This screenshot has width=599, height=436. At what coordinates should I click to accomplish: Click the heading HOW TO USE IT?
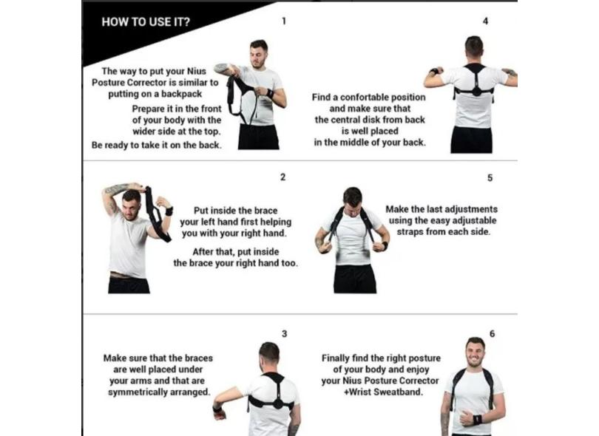click(146, 21)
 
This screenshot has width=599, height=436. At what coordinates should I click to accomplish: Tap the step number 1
click(283, 21)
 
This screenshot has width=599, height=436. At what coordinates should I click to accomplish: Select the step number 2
click(282, 177)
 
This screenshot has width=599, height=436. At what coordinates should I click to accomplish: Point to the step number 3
click(284, 334)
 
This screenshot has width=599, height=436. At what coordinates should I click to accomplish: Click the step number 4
click(485, 21)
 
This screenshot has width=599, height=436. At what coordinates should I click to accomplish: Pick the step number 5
click(490, 178)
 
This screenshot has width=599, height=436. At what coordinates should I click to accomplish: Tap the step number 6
click(492, 334)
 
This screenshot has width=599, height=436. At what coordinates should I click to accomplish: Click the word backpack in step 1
click(181, 94)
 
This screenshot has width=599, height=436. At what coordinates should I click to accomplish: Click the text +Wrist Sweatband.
click(383, 392)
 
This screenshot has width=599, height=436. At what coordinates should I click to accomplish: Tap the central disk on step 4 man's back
click(476, 92)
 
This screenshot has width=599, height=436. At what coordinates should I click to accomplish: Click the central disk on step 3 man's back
click(277, 403)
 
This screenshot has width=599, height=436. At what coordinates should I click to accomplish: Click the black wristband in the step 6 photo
click(478, 420)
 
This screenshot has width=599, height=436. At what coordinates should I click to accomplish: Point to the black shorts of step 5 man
click(355, 279)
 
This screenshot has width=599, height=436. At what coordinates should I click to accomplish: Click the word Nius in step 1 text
click(197, 72)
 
